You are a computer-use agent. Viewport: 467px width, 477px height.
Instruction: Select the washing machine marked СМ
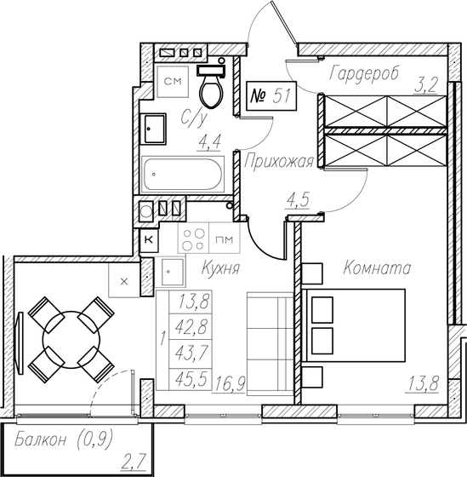pyautogui.click(x=173, y=82)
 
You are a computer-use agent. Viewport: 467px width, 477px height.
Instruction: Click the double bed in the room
pyautogui.click(x=353, y=327)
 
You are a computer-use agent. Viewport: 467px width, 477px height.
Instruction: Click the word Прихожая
pyautogui.click(x=279, y=161)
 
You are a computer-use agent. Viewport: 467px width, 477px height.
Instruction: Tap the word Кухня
pyautogui.click(x=220, y=268)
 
